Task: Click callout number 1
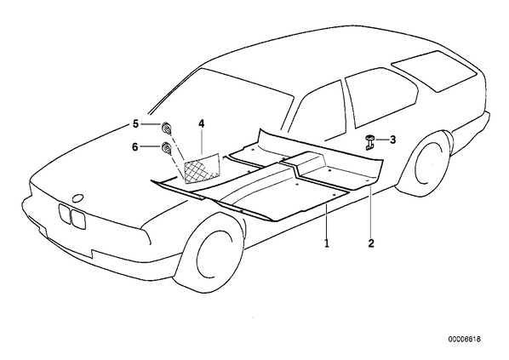point(327,243)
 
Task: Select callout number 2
point(371,243)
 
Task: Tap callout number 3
point(392,140)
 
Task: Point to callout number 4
point(202,123)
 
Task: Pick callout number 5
point(135,123)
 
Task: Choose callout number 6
point(135,147)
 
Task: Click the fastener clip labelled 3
point(369,142)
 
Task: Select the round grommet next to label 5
point(167,128)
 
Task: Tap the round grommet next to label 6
point(167,148)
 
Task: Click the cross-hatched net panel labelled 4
point(202,169)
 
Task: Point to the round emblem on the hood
point(77,198)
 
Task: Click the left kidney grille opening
point(65,214)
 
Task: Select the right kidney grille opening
point(78,219)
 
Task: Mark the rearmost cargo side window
point(434,71)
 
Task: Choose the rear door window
point(380,96)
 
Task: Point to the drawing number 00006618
point(465,340)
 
